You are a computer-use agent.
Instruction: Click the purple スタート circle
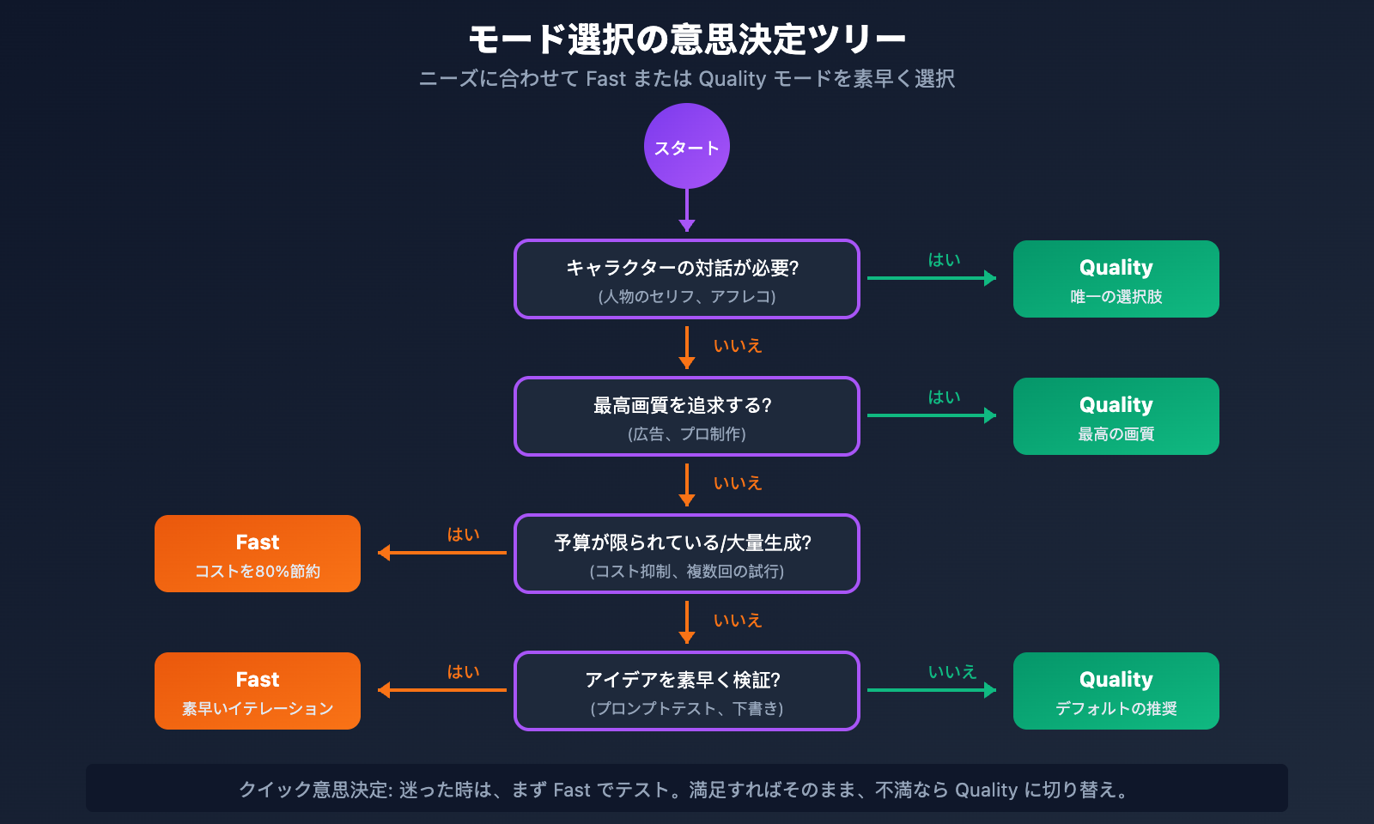[x=687, y=146]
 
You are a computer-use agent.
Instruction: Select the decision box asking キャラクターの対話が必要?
[x=687, y=279]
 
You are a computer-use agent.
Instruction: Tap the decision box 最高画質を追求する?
[x=687, y=416]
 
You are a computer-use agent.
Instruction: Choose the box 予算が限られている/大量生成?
[x=687, y=554]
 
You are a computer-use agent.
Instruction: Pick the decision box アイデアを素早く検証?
[x=687, y=691]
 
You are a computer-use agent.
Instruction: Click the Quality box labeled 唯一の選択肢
[x=1116, y=279]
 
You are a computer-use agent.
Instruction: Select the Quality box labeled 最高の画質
[x=1116, y=416]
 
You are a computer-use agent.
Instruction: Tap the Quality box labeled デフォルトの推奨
[x=1116, y=691]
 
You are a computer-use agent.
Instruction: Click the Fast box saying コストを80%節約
[x=258, y=554]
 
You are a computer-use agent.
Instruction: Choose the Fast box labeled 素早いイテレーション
[x=258, y=691]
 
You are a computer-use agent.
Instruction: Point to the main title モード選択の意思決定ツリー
[x=687, y=39]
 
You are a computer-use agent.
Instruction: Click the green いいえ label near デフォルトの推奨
[x=952, y=671]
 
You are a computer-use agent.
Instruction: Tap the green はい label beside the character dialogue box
[x=944, y=259]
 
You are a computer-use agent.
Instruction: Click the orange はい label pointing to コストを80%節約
[x=463, y=534]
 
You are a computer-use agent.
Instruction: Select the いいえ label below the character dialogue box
[x=738, y=345]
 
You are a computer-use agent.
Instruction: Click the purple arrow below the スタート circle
[x=687, y=210]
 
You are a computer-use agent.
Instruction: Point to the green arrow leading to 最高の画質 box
[x=932, y=415]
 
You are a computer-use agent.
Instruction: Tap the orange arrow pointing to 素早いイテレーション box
[x=442, y=690]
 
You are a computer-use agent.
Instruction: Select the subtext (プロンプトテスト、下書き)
[x=687, y=709]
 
